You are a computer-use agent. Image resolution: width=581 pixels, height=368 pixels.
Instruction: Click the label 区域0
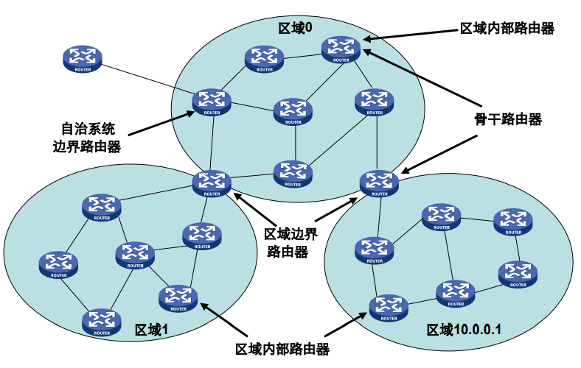(x=295, y=28)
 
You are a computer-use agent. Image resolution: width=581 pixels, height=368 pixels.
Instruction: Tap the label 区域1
(x=152, y=330)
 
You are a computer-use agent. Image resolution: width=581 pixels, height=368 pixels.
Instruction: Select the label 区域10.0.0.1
(x=464, y=329)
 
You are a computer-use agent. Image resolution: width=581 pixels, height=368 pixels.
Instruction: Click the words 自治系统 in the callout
(x=88, y=127)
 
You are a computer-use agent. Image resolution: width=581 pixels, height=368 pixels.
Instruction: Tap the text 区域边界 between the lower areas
(x=290, y=235)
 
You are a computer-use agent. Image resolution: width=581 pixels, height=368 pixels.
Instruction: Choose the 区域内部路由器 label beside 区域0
(x=507, y=28)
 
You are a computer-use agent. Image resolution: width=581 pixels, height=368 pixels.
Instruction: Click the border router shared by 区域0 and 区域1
(x=212, y=183)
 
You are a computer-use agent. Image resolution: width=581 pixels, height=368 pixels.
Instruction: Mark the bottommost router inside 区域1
(x=101, y=322)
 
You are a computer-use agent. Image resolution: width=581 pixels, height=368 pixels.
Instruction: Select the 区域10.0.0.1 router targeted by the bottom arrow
(x=388, y=307)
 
